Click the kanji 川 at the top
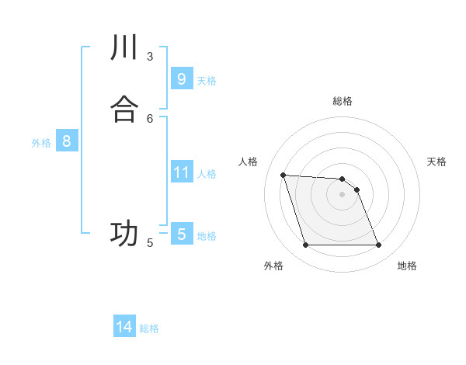pyautogui.click(x=124, y=47)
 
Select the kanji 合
pyautogui.click(x=124, y=109)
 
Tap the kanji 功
pyautogui.click(x=124, y=233)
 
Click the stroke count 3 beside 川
pyautogui.click(x=150, y=56)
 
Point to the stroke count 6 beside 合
pyautogui.click(x=150, y=118)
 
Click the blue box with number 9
pyautogui.click(x=181, y=78)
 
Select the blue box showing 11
pyautogui.click(x=181, y=172)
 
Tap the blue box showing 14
pyautogui.click(x=124, y=327)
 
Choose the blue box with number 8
pyautogui.click(x=67, y=141)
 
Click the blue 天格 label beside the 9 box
pyautogui.click(x=207, y=81)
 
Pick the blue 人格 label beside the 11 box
pyautogui.click(x=207, y=174)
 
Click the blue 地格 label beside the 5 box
pyautogui.click(x=207, y=236)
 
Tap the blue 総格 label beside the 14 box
pyautogui.click(x=149, y=329)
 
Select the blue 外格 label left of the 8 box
pyautogui.click(x=41, y=143)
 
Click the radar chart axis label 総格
pyautogui.click(x=342, y=101)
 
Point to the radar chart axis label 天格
pyautogui.click(x=436, y=162)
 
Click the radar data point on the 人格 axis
pyautogui.click(x=283, y=175)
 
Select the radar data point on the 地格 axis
pyautogui.click(x=379, y=245)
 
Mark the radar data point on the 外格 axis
pyautogui.click(x=305, y=245)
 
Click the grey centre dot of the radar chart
pyautogui.click(x=342, y=194)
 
